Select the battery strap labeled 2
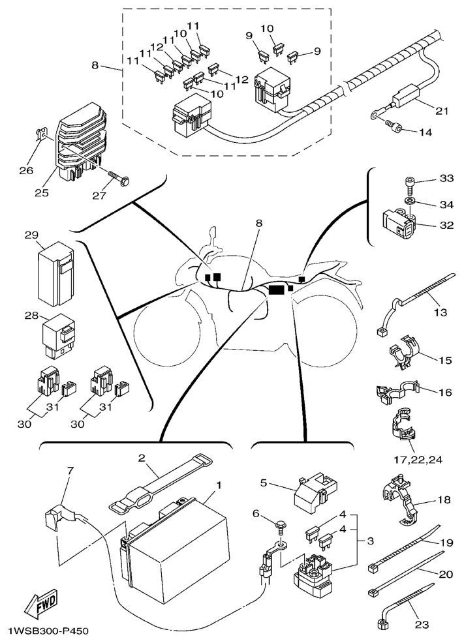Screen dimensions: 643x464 point(161,483)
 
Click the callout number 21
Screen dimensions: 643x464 point(441,111)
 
